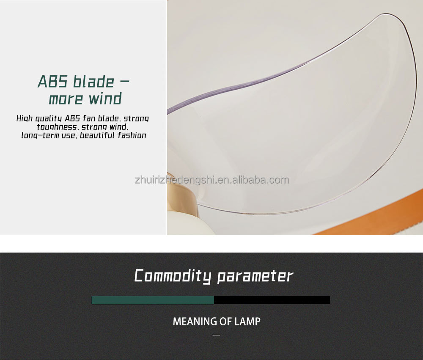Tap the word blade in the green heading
coord(93,81)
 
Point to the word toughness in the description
coord(57,127)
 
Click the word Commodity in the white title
coord(173,276)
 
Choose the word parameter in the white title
coord(255,276)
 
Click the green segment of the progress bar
coord(153,300)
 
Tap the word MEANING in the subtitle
coord(194,322)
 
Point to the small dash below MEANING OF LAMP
coord(216,335)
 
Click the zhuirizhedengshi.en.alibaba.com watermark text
coord(212,180)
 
